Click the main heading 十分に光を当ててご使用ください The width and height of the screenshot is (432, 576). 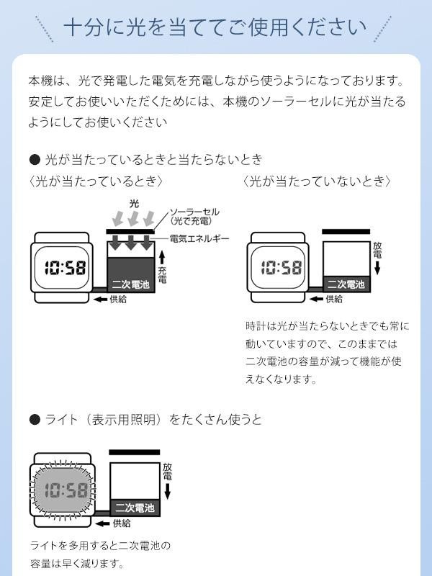[215, 27]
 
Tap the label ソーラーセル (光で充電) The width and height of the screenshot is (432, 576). [194, 217]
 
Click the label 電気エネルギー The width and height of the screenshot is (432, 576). [199, 239]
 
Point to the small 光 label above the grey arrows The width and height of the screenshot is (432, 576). [135, 204]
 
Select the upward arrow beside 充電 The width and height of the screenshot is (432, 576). [162, 257]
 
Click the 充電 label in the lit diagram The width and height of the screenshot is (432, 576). [162, 275]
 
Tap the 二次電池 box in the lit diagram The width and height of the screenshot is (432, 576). [131, 275]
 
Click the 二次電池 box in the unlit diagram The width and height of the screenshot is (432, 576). [346, 284]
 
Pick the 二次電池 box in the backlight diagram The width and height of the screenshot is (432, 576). [135, 508]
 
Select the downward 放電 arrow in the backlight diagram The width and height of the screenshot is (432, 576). [168, 492]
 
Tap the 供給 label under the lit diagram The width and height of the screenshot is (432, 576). [118, 300]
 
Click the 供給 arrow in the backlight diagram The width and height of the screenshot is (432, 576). [102, 523]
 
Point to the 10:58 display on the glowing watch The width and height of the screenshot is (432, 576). [66, 490]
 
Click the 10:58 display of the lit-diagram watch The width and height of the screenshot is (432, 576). [66, 267]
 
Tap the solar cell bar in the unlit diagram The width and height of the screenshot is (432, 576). [346, 231]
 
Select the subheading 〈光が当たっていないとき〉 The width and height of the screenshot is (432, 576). [317, 181]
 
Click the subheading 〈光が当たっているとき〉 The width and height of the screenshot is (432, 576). [96, 181]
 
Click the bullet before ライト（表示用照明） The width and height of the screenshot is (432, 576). [35, 420]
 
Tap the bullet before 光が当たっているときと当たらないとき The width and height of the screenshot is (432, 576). [35, 159]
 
